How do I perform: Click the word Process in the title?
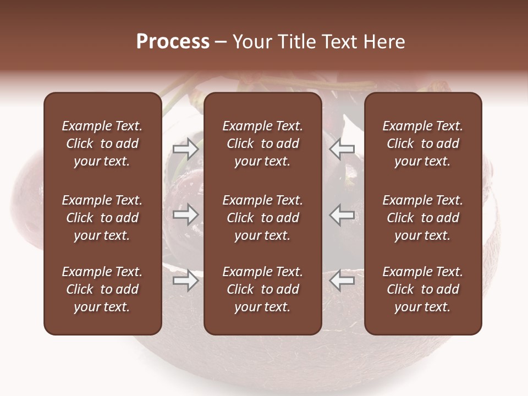click(x=173, y=42)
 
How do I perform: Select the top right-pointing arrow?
click(x=185, y=149)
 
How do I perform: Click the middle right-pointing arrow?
click(x=185, y=215)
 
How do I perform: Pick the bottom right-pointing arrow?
click(x=185, y=280)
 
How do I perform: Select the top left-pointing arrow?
click(x=342, y=149)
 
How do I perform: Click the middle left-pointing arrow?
click(x=342, y=215)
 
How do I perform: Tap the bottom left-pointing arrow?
click(x=342, y=280)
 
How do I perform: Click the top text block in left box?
click(x=102, y=144)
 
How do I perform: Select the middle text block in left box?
click(x=102, y=218)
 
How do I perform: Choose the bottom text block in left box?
click(x=102, y=289)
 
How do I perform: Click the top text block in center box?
click(x=262, y=144)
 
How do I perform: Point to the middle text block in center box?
click(x=262, y=218)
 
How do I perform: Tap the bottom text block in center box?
click(x=262, y=289)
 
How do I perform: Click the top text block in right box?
click(x=422, y=144)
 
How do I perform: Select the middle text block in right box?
click(x=422, y=218)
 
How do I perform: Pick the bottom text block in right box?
click(x=422, y=289)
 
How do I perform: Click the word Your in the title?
click(x=252, y=42)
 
